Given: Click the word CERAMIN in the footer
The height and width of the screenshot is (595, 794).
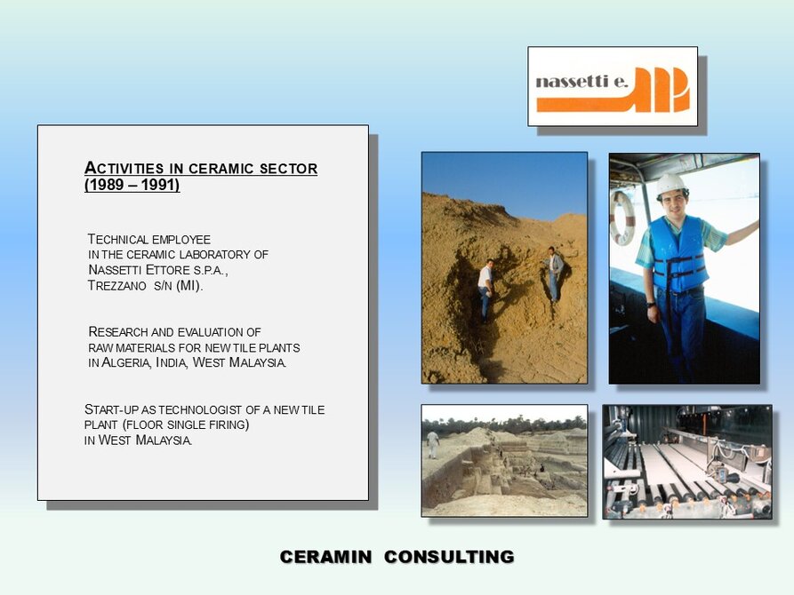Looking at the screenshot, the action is coord(325,557).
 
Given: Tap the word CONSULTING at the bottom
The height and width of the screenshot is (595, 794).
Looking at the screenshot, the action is coord(449,557).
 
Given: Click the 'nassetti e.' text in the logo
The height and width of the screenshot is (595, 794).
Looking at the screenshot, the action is coord(581,82).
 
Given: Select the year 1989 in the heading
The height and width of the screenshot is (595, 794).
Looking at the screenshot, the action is coord(105,185).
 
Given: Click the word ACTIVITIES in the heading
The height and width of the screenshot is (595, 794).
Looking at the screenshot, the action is coord(124,168).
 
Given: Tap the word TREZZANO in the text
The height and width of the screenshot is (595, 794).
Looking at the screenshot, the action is coord(117,286).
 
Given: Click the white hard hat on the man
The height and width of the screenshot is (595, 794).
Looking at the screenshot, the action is coord(671,185).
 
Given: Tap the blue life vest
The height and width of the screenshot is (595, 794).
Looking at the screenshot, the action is coord(678,254).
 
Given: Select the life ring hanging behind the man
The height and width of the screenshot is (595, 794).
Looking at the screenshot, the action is coord(622,218).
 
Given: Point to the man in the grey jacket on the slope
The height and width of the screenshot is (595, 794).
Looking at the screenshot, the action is coord(554,274).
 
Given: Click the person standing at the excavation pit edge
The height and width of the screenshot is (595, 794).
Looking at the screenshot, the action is coord(433,445).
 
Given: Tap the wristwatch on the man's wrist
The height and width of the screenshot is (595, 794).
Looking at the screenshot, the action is coord(651,305).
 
